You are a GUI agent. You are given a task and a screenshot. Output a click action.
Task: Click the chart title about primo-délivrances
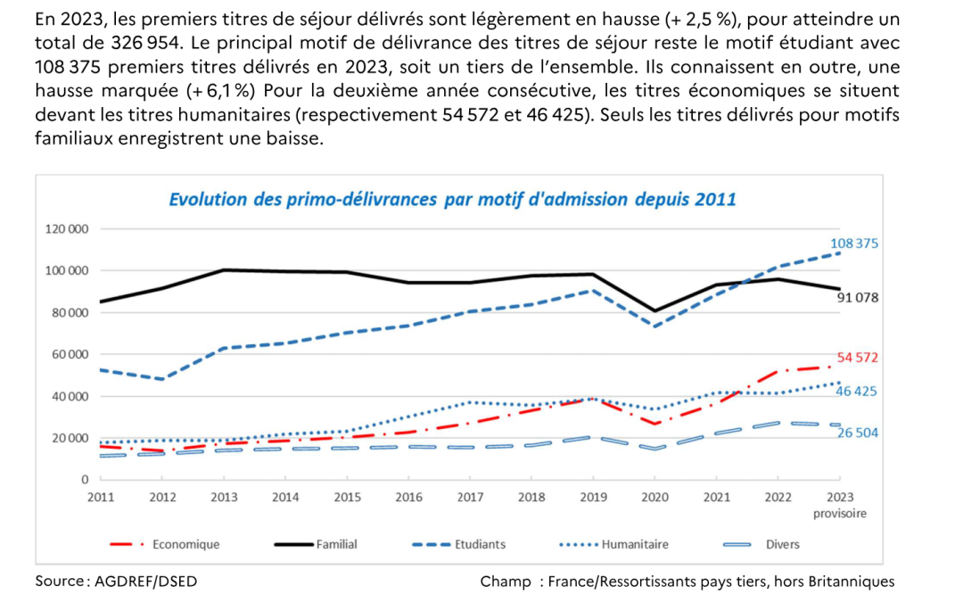click(x=452, y=199)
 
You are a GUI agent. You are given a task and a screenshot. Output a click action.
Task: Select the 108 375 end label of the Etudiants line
click(x=854, y=243)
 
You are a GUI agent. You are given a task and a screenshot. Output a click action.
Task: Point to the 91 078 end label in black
click(x=858, y=297)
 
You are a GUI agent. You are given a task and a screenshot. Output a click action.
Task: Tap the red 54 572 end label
click(x=858, y=358)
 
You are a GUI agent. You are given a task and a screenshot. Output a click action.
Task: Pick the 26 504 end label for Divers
click(x=858, y=433)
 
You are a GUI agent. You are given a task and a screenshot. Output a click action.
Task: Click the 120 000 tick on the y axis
click(x=67, y=229)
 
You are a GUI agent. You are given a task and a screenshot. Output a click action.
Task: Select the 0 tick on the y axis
click(x=85, y=480)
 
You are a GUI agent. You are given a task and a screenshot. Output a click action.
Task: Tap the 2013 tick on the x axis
click(x=224, y=497)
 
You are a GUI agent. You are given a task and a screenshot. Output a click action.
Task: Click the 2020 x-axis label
click(x=654, y=497)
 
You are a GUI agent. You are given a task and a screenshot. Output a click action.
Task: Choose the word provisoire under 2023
click(x=839, y=514)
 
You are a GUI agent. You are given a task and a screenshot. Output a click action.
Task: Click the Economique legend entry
click(x=185, y=544)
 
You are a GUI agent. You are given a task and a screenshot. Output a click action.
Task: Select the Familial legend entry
click(x=336, y=544)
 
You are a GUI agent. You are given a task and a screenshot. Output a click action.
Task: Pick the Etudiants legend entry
click(x=480, y=544)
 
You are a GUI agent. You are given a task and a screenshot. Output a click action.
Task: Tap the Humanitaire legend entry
click(x=635, y=544)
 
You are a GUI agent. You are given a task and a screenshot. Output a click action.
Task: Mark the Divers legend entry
click(x=782, y=544)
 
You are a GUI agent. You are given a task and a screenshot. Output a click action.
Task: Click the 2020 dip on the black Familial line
click(x=654, y=311)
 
